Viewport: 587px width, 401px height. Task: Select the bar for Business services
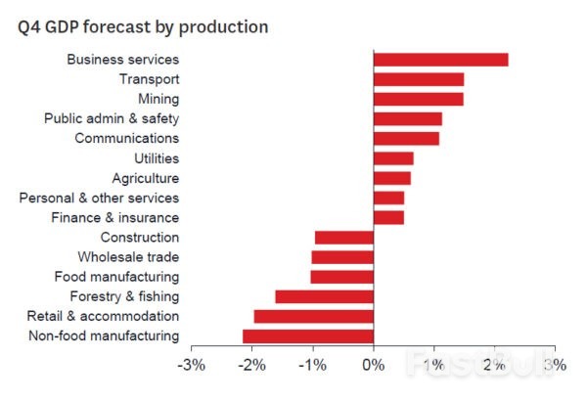pyautogui.click(x=440, y=60)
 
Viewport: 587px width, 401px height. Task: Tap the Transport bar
pyautogui.click(x=419, y=79)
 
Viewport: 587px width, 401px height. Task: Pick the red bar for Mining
pyautogui.click(x=418, y=99)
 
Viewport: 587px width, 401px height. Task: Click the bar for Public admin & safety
pyautogui.click(x=407, y=118)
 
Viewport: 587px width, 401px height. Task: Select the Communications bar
pyautogui.click(x=406, y=138)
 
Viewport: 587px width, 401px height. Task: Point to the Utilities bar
pyautogui.click(x=393, y=158)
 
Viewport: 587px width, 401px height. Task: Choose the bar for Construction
pyautogui.click(x=344, y=238)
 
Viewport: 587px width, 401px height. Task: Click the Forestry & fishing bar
pyautogui.click(x=325, y=296)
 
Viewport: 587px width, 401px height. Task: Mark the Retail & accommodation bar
pyautogui.click(x=314, y=316)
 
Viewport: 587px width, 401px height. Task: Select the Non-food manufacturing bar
pyautogui.click(x=308, y=336)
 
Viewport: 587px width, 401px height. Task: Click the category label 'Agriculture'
pyautogui.click(x=145, y=178)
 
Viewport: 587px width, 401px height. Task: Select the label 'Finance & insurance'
pyautogui.click(x=114, y=217)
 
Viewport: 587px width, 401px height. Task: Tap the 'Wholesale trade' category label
pyautogui.click(x=130, y=257)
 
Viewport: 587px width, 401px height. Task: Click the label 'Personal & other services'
pyautogui.click(x=99, y=198)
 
